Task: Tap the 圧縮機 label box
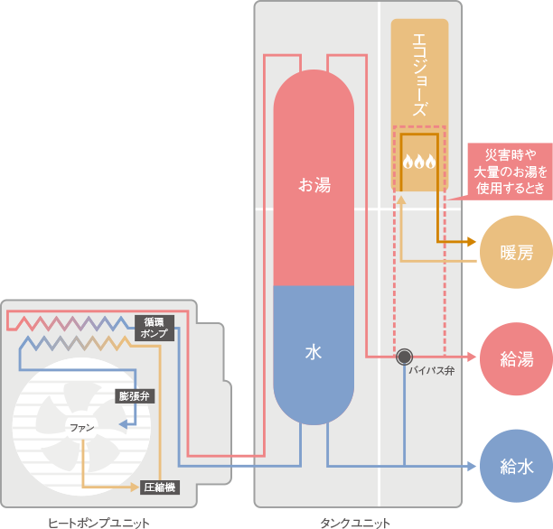159,487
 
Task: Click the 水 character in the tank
314,352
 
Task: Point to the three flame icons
419,162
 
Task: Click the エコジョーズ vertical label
419,75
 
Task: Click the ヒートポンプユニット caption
99,522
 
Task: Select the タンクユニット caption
356,522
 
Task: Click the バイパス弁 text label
425,371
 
